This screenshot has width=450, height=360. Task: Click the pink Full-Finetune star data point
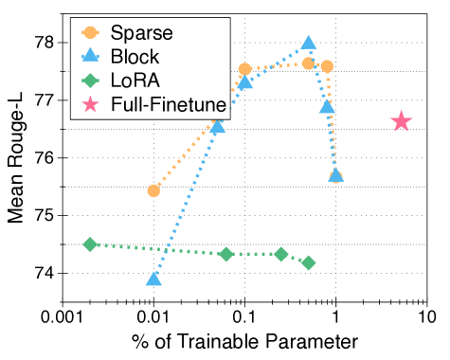tap(402, 121)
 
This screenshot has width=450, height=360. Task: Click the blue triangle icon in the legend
tap(91, 57)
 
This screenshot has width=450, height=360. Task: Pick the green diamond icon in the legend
tap(91, 81)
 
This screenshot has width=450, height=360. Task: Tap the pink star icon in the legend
tap(91, 103)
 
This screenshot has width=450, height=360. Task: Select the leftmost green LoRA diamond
tap(90, 244)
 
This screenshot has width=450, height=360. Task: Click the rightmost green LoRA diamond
tap(308, 262)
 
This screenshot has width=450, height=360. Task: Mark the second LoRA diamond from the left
tap(225, 254)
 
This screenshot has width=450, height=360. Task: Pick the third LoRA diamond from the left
tap(281, 254)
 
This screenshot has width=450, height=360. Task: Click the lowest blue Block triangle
tap(153, 279)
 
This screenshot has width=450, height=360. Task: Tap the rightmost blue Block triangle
tap(335, 175)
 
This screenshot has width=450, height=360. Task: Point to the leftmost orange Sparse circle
tap(153, 190)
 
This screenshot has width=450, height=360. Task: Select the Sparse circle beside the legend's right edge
tap(245, 68)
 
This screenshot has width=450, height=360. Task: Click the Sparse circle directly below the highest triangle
tap(309, 63)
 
